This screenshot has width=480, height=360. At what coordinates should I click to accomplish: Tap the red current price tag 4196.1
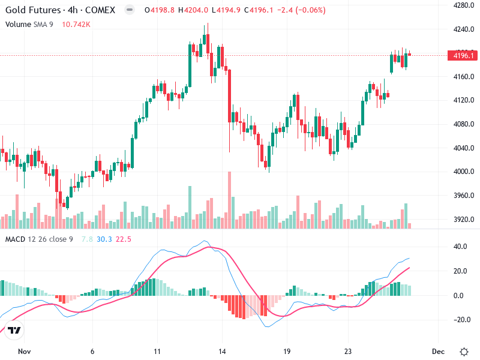click(x=463, y=56)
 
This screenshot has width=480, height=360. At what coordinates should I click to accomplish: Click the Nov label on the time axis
click(x=24, y=352)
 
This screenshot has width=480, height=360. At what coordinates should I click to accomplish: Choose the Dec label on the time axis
click(x=438, y=352)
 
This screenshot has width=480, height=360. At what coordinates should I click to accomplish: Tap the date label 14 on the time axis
click(x=221, y=352)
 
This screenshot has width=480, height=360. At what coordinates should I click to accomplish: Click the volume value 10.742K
click(x=75, y=24)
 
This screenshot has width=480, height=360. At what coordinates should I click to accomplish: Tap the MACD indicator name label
click(x=16, y=239)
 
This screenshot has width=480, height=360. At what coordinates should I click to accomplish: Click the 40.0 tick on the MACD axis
click(x=460, y=247)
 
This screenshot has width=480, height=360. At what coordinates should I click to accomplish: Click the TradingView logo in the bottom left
click(x=14, y=330)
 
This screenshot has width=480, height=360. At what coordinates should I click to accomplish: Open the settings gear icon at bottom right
click(x=464, y=352)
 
